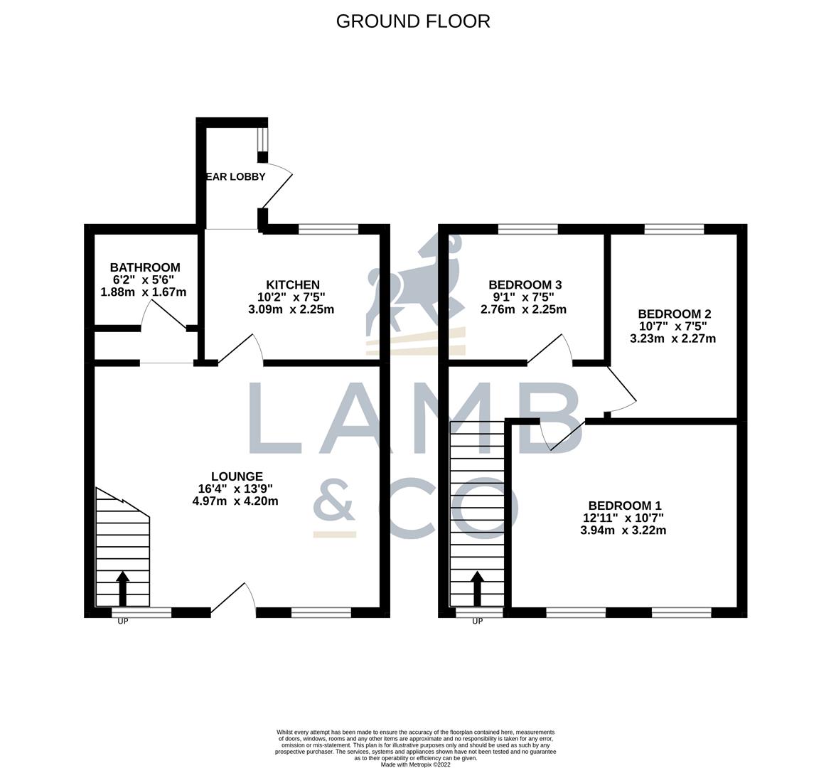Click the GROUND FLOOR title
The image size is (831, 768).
(x=412, y=21)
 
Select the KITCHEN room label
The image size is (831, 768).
(x=293, y=284)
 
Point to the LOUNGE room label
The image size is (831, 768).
(x=237, y=476)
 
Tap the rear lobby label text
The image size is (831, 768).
(x=235, y=177)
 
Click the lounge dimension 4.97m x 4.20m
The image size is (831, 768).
(x=235, y=501)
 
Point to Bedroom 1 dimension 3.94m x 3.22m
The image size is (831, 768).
(x=623, y=530)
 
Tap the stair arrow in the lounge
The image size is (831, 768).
(x=122, y=587)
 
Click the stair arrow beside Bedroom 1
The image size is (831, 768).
(x=477, y=587)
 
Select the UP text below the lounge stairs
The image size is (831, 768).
(x=123, y=622)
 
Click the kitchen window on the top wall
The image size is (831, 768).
(x=328, y=229)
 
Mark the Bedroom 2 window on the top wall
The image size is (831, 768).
(x=674, y=229)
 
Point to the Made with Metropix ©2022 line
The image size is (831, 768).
(x=415, y=764)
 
